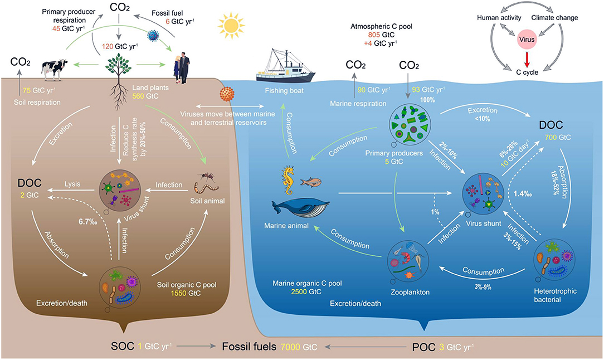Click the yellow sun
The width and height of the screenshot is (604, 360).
[x=232, y=26]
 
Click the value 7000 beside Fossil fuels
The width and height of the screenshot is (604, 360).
[x=289, y=346]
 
